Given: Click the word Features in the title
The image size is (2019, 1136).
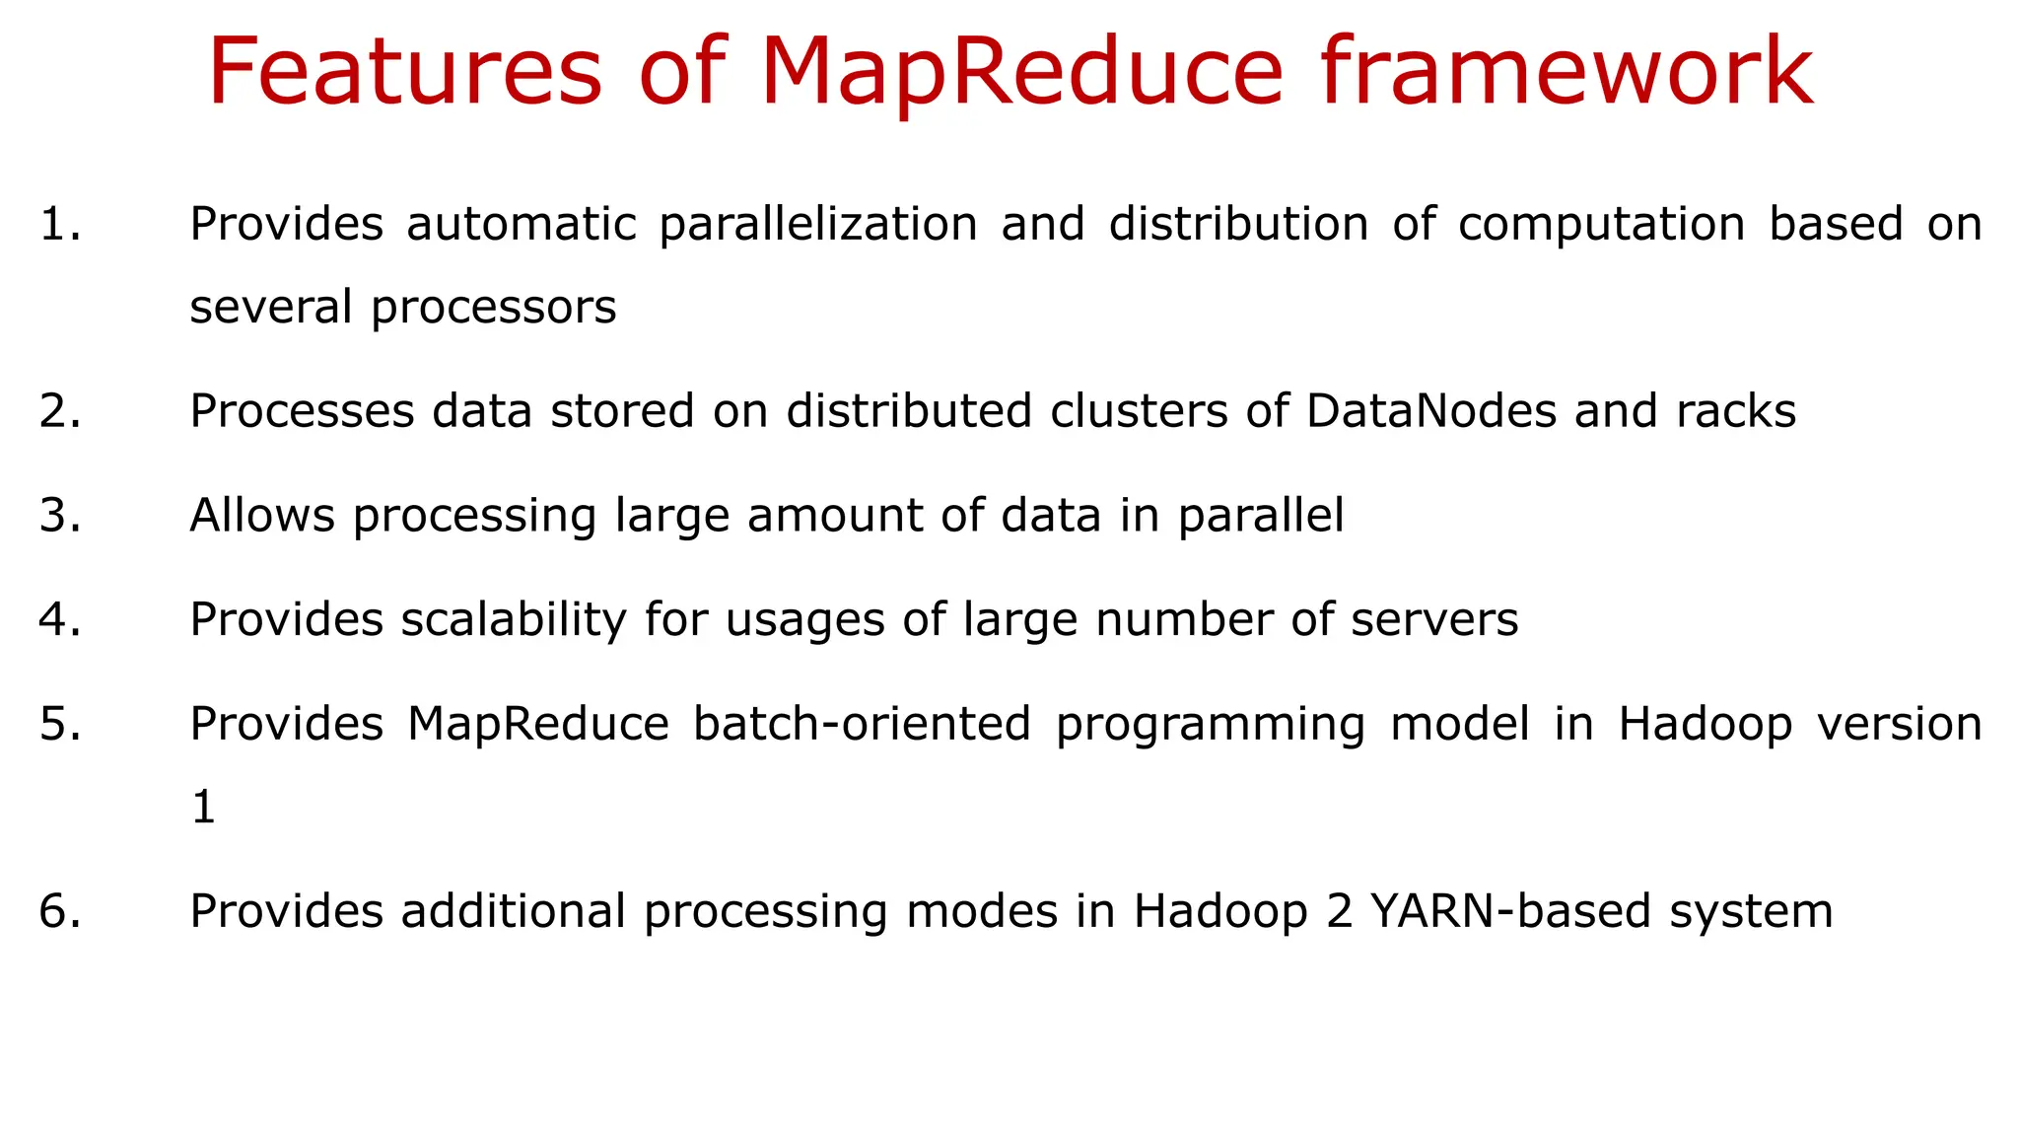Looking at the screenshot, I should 404,73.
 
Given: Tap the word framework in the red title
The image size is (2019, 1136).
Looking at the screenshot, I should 1566,73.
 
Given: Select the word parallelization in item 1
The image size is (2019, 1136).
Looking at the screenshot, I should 817,225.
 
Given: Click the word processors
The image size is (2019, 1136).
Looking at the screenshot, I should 493,308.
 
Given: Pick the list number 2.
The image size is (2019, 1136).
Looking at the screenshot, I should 59,411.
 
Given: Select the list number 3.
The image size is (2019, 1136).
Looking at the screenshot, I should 59,516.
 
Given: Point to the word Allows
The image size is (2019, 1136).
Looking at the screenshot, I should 262,516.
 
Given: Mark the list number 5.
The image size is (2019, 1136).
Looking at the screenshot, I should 59,725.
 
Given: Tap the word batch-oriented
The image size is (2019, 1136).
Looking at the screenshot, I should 862,725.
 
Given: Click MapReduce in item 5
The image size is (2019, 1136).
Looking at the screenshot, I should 538,725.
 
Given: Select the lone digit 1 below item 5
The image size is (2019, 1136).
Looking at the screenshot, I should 203,808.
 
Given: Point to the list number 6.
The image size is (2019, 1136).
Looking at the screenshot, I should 59,911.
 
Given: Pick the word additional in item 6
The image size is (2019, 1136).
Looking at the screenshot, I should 513,911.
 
